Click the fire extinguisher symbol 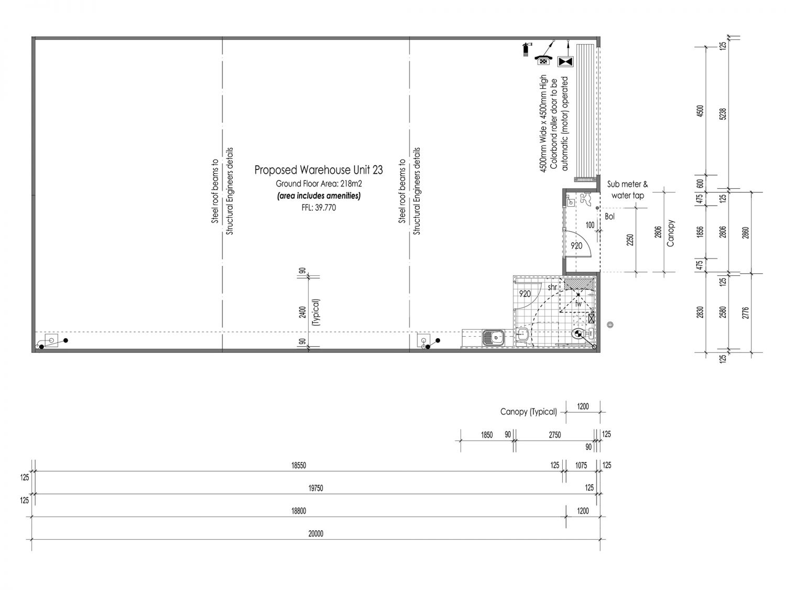coord(526,49)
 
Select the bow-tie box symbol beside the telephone coord(566,61)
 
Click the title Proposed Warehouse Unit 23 coord(319,170)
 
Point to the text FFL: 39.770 coord(319,208)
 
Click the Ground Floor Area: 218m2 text coord(319,184)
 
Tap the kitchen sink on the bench coord(493,337)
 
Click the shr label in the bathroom coord(552,287)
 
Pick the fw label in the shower coord(578,304)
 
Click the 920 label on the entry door coord(576,246)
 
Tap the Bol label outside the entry coord(609,217)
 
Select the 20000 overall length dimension coord(316,534)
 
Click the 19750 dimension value coord(316,488)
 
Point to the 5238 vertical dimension coord(723,114)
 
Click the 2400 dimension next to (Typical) coord(303,313)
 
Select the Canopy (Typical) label coord(529,412)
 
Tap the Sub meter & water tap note coord(628,190)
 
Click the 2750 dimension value coord(555,435)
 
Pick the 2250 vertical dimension coord(630,240)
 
